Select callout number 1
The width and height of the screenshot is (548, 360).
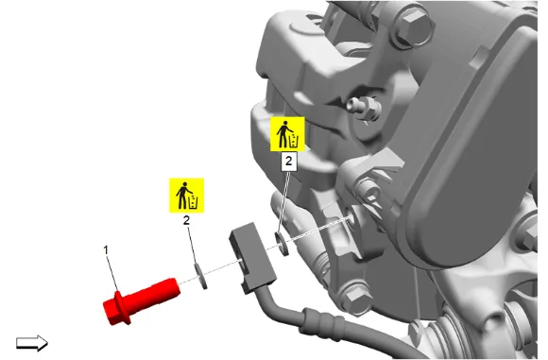pos(106,250)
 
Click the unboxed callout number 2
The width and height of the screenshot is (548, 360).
pos(187,220)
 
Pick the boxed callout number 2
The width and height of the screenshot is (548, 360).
pos(289,162)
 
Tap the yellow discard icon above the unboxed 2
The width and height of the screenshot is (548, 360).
pos(187,196)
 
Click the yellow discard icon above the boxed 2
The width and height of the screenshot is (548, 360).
pos(287,134)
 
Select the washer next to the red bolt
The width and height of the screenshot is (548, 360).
pos(200,277)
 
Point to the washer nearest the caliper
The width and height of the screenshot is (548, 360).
pos(282,243)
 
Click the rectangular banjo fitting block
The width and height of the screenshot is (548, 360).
pos(252,257)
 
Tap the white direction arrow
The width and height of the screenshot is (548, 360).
pos(32,343)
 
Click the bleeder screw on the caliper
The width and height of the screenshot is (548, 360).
pos(363,108)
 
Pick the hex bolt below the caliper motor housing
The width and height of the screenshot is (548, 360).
pos(357,298)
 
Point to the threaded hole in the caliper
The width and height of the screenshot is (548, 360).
pos(350,219)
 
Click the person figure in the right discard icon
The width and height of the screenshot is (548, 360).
pos(283,134)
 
